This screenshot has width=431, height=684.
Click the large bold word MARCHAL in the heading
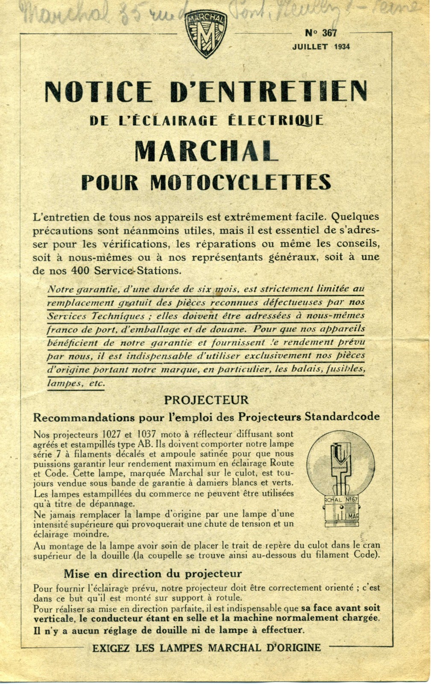point(205,151)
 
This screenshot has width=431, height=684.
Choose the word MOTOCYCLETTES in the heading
point(240,182)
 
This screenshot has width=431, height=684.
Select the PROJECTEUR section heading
point(206,400)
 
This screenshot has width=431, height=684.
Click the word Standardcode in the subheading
point(342,416)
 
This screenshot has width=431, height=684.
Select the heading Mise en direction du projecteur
point(152,574)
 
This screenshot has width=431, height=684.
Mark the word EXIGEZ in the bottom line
point(111,648)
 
